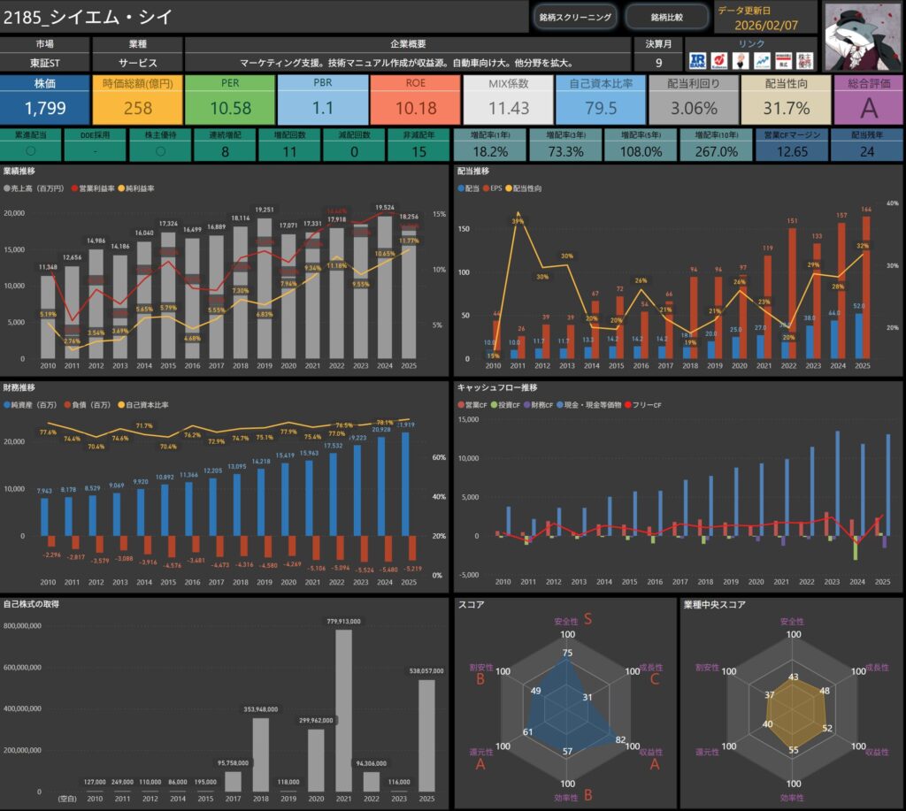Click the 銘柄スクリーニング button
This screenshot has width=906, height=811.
click(575, 17)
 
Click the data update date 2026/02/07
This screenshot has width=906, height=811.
click(767, 25)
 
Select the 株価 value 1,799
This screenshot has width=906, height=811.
click(44, 109)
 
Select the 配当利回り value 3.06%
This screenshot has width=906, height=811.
click(694, 109)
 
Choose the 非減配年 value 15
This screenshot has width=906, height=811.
click(420, 151)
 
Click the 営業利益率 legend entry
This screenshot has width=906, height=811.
click(96, 188)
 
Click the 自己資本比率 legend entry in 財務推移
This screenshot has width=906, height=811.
click(144, 404)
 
